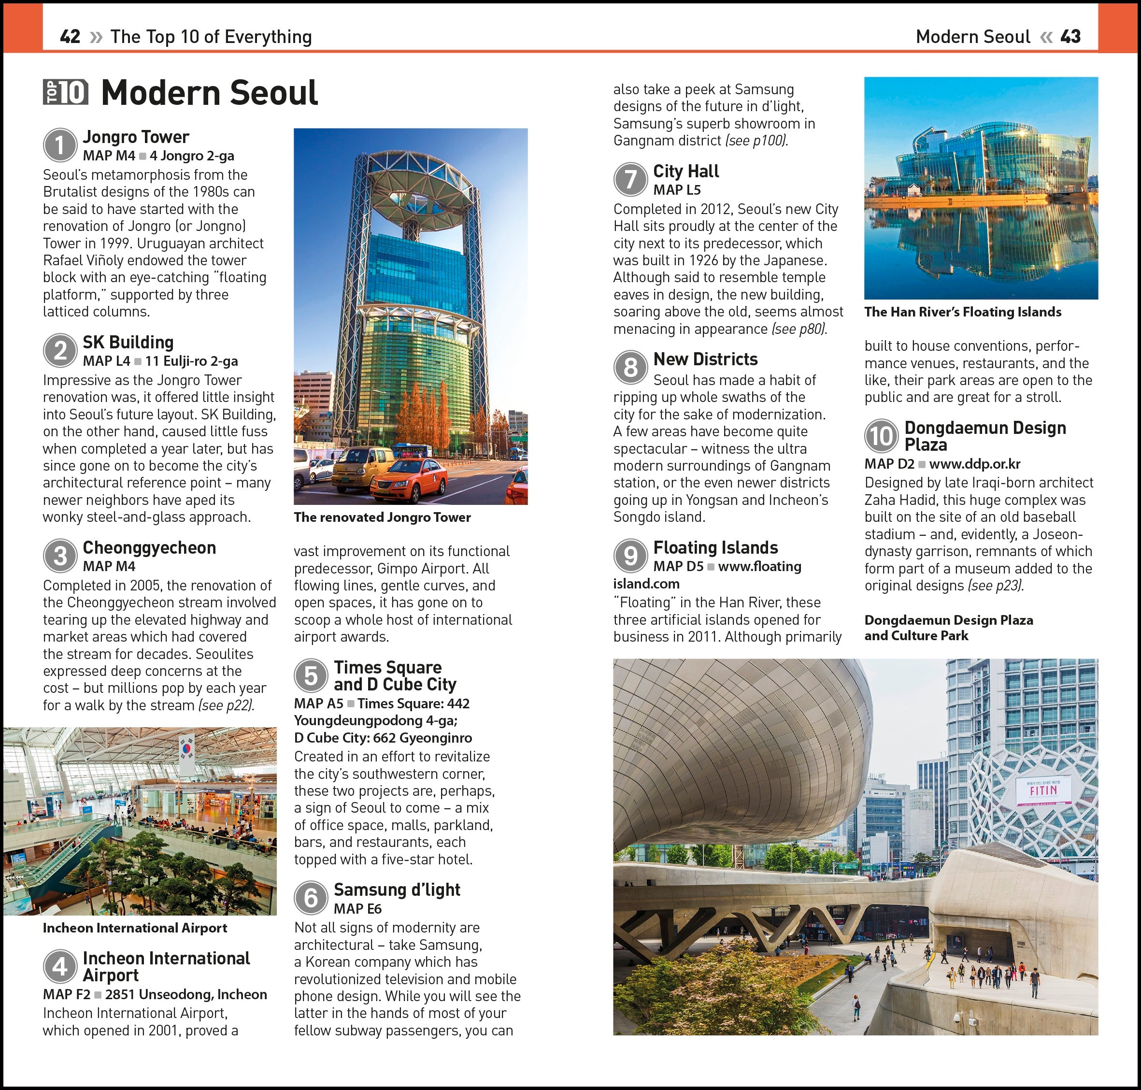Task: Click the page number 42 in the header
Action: tap(70, 37)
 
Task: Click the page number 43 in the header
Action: tap(1070, 37)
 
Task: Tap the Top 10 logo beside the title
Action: tap(66, 92)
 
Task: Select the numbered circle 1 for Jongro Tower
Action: tap(60, 145)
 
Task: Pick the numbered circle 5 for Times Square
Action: tap(311, 676)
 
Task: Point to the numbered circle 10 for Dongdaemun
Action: tap(881, 436)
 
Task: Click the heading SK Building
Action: tap(128, 342)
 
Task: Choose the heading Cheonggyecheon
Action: tap(149, 547)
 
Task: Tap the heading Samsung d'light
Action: tap(397, 889)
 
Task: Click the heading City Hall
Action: tap(685, 171)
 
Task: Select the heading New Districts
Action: tap(705, 359)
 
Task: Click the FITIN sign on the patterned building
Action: tap(1043, 791)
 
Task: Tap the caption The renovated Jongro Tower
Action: tap(382, 517)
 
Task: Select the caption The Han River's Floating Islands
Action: tap(963, 312)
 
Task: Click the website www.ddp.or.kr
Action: tap(974, 464)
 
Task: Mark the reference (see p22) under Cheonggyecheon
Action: tap(227, 705)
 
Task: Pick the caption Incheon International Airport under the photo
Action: tap(135, 928)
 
